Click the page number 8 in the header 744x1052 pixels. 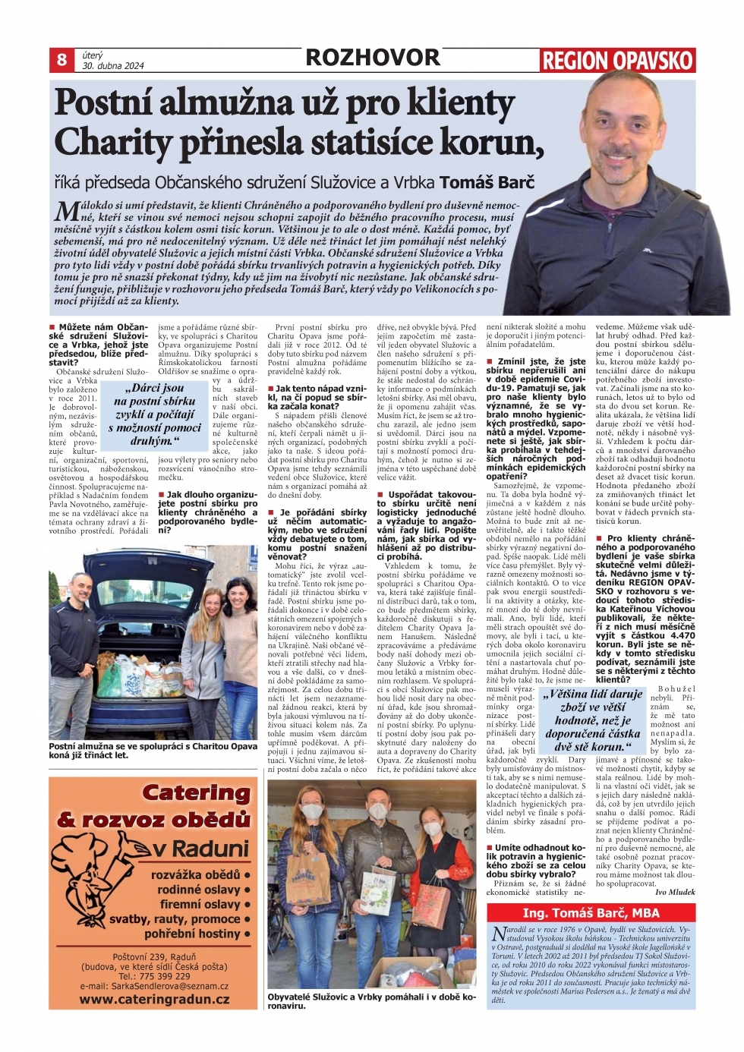point(61,59)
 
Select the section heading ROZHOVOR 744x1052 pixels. point(372,58)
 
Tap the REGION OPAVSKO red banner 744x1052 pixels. point(618,61)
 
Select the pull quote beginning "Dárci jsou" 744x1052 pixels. point(155,414)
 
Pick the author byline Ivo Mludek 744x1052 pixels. point(675,892)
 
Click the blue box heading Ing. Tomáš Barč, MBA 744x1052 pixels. point(591,912)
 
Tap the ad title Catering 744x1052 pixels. point(196,793)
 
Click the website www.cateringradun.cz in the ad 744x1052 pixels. point(154,999)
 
